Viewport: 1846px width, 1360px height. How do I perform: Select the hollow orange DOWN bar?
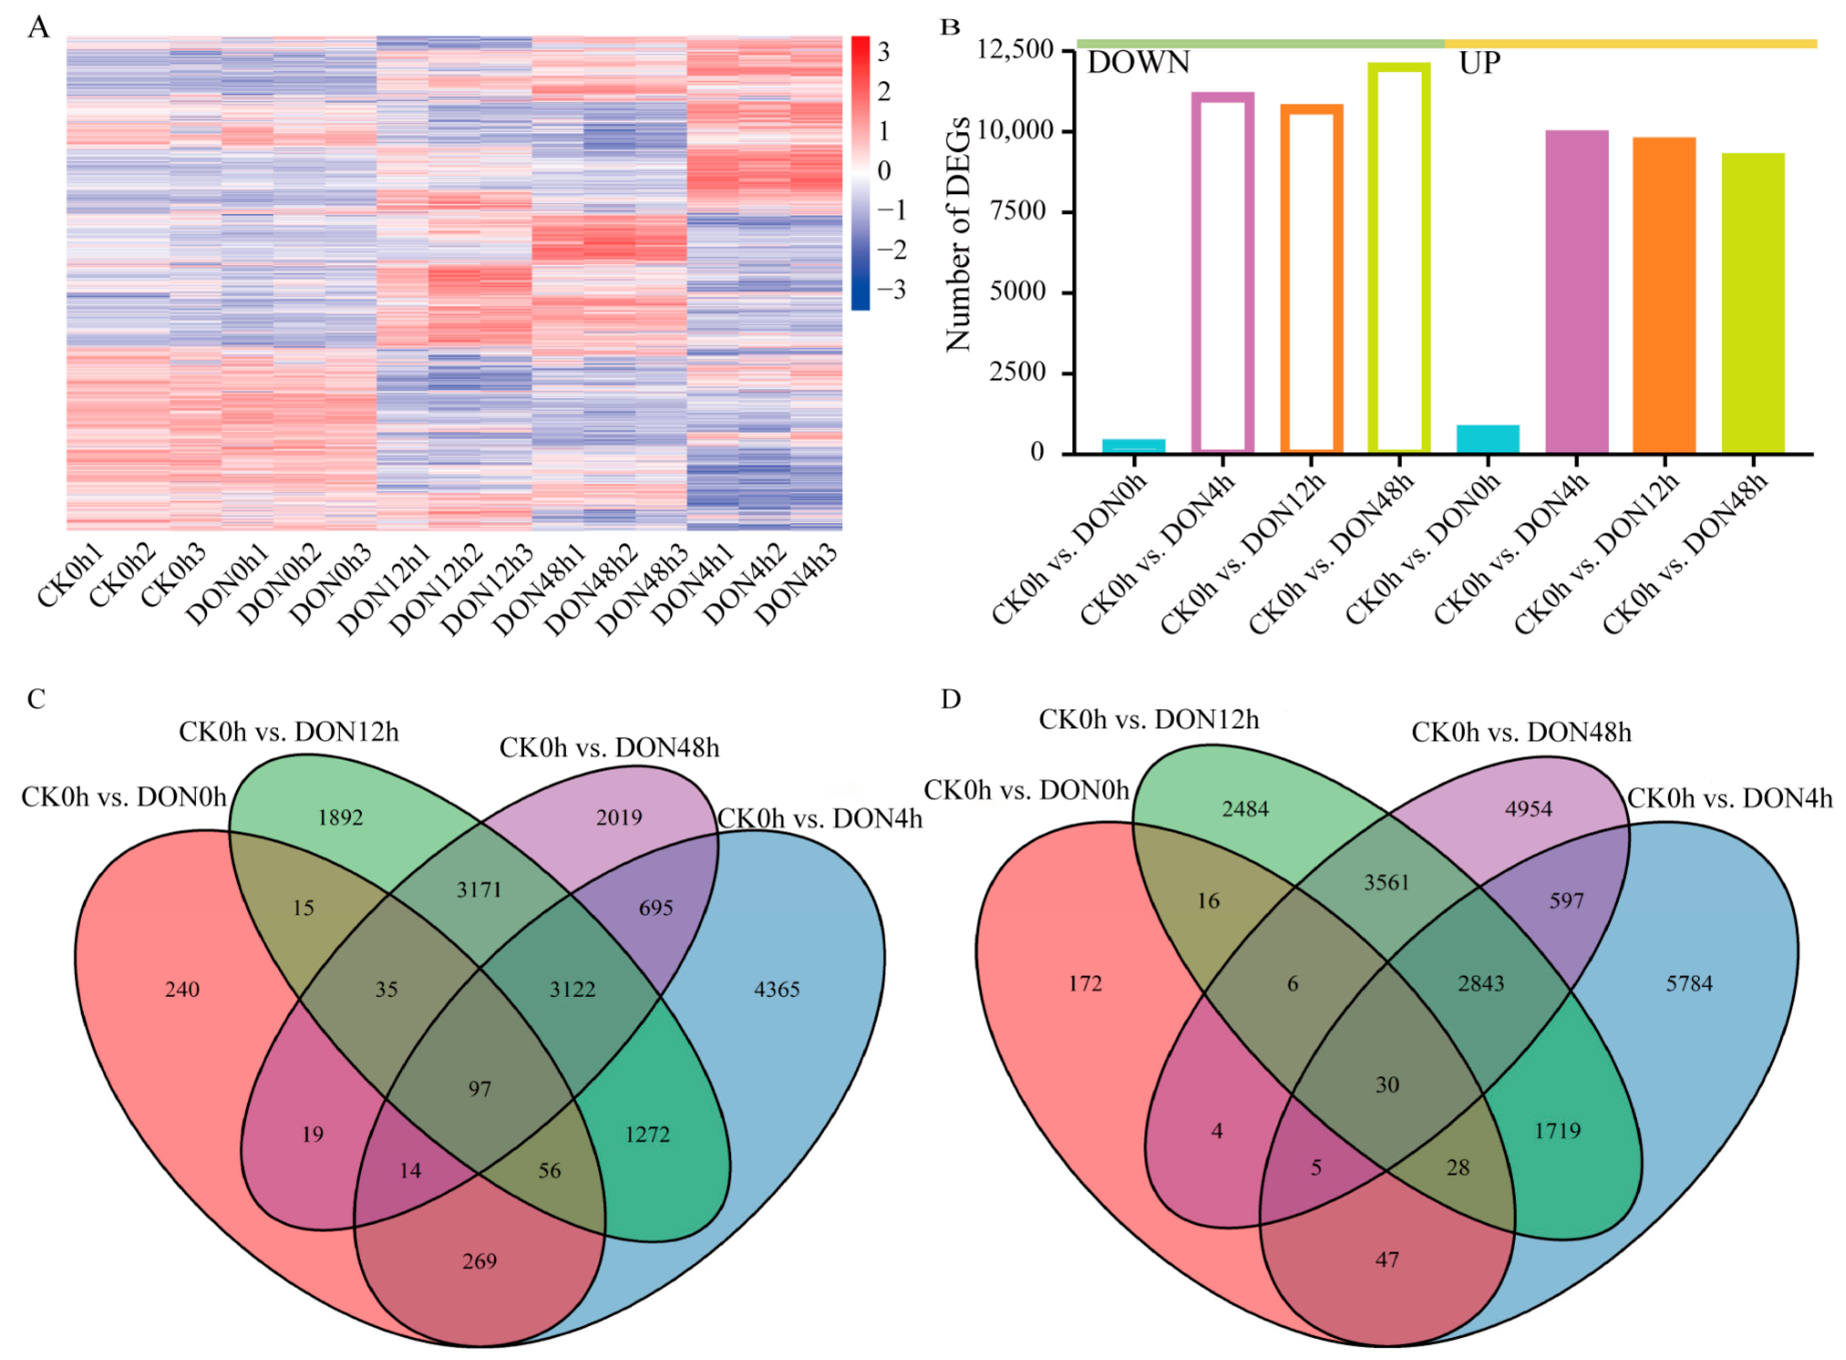1311,280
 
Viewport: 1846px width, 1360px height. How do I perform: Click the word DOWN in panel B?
1138,63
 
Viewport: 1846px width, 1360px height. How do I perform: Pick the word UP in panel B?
1479,63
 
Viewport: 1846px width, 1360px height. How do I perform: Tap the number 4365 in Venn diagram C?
776,990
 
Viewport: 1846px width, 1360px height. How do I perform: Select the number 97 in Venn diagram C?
480,1089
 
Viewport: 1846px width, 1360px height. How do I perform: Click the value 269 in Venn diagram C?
480,1261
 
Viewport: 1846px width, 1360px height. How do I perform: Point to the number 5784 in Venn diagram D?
1689,984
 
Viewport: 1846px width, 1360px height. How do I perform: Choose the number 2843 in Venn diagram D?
1481,984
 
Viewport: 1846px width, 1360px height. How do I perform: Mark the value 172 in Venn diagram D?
1084,984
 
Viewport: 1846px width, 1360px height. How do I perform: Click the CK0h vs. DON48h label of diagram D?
1521,733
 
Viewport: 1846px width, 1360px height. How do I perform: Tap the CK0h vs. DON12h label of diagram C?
289,732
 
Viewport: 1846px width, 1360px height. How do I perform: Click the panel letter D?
951,699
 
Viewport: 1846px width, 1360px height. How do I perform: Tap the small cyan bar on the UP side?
1487,439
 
